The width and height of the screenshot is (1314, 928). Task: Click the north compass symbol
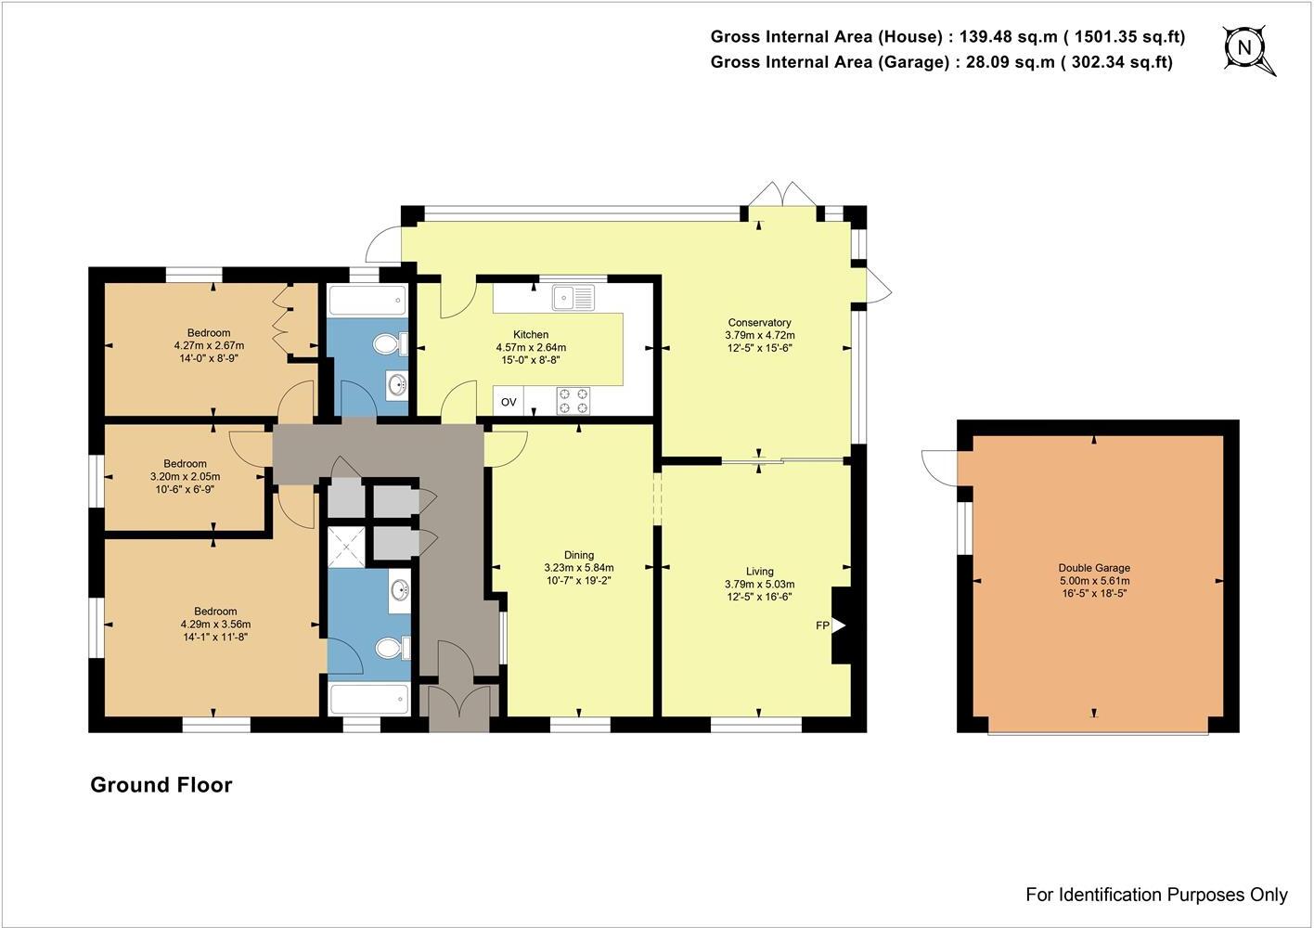[x=1246, y=48]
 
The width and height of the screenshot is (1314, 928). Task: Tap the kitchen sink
[x=573, y=297]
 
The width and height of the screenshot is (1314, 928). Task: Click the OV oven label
[x=509, y=402]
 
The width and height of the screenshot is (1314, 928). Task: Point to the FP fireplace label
[x=822, y=625]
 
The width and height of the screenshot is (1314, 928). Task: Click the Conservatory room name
[x=759, y=322]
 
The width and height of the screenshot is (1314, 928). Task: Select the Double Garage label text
[x=1094, y=568]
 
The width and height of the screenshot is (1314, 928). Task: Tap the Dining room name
[x=578, y=555]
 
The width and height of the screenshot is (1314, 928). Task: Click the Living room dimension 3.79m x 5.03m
[x=759, y=585]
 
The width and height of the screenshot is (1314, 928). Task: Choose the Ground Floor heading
[x=161, y=785]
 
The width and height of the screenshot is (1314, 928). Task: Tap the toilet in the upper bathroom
[x=390, y=344]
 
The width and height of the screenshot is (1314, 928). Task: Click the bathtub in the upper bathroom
[x=367, y=301]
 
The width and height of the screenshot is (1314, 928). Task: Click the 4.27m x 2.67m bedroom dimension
[x=209, y=345]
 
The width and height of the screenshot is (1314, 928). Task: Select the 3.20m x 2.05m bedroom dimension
[x=185, y=476]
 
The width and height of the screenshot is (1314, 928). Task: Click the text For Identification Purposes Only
[x=1156, y=895]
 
